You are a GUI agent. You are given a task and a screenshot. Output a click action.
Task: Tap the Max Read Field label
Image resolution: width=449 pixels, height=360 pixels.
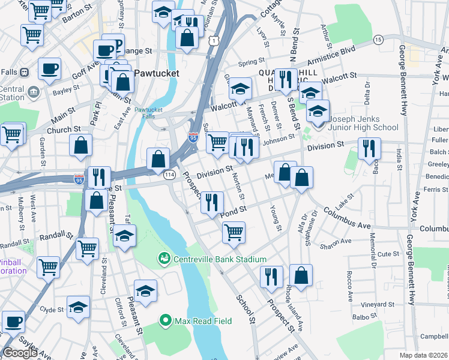(x=203, y=321)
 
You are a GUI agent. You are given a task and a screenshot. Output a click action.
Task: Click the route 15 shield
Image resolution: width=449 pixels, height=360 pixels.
(x=378, y=39)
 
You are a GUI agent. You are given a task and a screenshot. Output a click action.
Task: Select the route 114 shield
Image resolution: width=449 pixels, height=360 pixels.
(x=170, y=174)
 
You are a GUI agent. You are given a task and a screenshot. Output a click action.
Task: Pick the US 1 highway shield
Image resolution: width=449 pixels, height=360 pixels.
(x=214, y=40)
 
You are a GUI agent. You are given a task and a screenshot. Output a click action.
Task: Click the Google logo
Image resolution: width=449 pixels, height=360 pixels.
(x=20, y=352)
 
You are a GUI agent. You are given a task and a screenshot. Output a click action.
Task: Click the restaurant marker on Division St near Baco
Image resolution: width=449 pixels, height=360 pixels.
(x=369, y=147)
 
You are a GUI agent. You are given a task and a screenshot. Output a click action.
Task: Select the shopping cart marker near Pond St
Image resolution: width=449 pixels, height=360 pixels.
(x=234, y=231)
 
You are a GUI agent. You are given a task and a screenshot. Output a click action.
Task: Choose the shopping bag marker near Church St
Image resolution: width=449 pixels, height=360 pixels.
(x=81, y=145)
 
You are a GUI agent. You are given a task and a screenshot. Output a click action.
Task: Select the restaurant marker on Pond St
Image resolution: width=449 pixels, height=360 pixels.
(x=211, y=202)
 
